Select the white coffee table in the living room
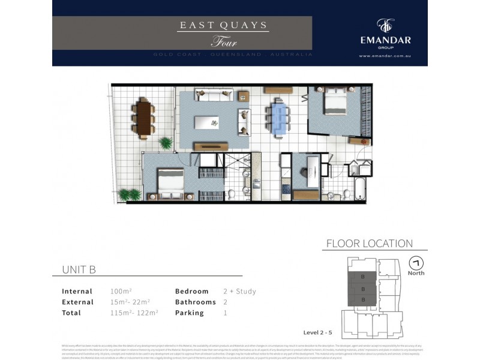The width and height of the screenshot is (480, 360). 214,121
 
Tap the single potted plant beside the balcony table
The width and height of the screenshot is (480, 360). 164,143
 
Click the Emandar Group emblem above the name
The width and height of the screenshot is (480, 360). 385,25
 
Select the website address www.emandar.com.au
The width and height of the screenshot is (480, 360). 385,56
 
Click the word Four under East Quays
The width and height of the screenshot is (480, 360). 224,42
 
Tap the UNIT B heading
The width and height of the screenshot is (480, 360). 79,270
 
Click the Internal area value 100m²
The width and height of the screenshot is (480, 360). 121,292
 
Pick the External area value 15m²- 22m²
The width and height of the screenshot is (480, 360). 130,302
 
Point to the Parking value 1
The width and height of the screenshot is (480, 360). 226,313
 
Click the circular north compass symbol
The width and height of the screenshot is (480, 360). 416,263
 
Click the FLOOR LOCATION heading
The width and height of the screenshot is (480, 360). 369,244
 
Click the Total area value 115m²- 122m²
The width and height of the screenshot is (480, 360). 134,313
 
